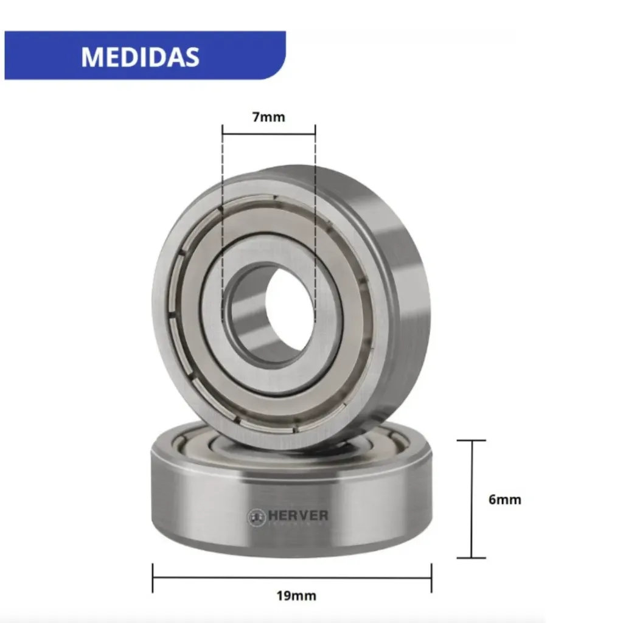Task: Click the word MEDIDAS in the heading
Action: pos(140,57)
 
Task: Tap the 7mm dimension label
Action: pos(268,117)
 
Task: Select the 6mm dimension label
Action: pos(504,499)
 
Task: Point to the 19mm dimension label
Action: pos(296,596)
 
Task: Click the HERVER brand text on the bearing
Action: pos(298,515)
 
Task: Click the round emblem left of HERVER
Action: pos(256,517)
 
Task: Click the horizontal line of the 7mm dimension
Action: pos(269,134)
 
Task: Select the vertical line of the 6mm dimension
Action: pos(472,499)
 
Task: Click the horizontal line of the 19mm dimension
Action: pos(292,578)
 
